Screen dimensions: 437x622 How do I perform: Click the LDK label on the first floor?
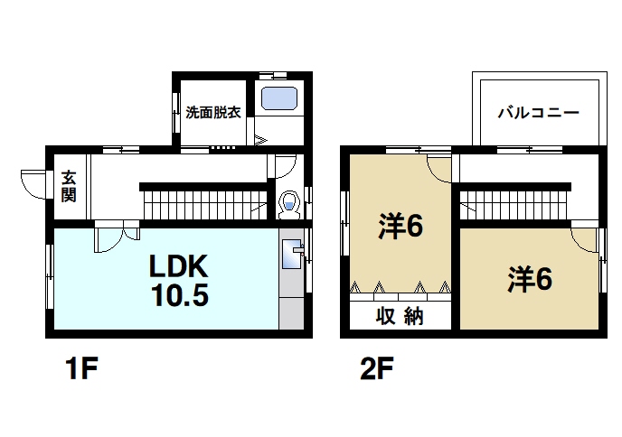pyautogui.click(x=179, y=266)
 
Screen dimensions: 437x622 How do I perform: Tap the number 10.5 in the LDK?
pyautogui.click(x=179, y=294)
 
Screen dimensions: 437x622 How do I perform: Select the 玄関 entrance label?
pyautogui.click(x=69, y=187)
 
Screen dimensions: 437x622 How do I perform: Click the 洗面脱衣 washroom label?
pyautogui.click(x=212, y=113)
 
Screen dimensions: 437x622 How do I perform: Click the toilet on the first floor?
pyautogui.click(x=289, y=205)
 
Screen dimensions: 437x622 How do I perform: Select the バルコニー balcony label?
pyautogui.click(x=538, y=114)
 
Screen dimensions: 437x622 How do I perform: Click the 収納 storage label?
pyautogui.click(x=400, y=317)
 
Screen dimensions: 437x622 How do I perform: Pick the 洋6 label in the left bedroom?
pyautogui.click(x=400, y=226)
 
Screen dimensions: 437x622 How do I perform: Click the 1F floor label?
pyautogui.click(x=80, y=369)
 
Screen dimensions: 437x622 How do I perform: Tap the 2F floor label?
pyautogui.click(x=376, y=369)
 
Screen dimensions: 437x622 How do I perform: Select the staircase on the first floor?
pyautogui.click(x=203, y=200)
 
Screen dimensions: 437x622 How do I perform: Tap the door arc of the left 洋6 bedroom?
pyautogui.click(x=439, y=167)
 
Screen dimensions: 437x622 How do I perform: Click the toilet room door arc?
pyautogui.click(x=285, y=167)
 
